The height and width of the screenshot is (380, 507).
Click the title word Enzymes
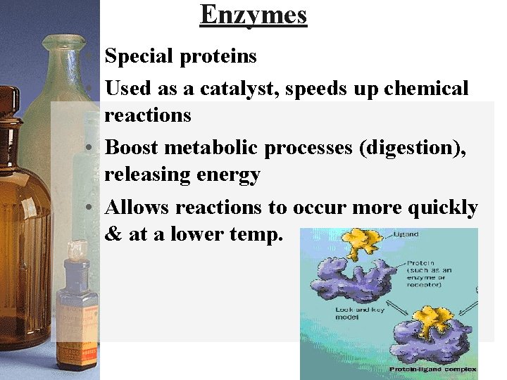[254, 15]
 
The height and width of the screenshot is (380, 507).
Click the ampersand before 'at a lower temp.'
[112, 234]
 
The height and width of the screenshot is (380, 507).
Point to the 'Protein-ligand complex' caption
[433, 369]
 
